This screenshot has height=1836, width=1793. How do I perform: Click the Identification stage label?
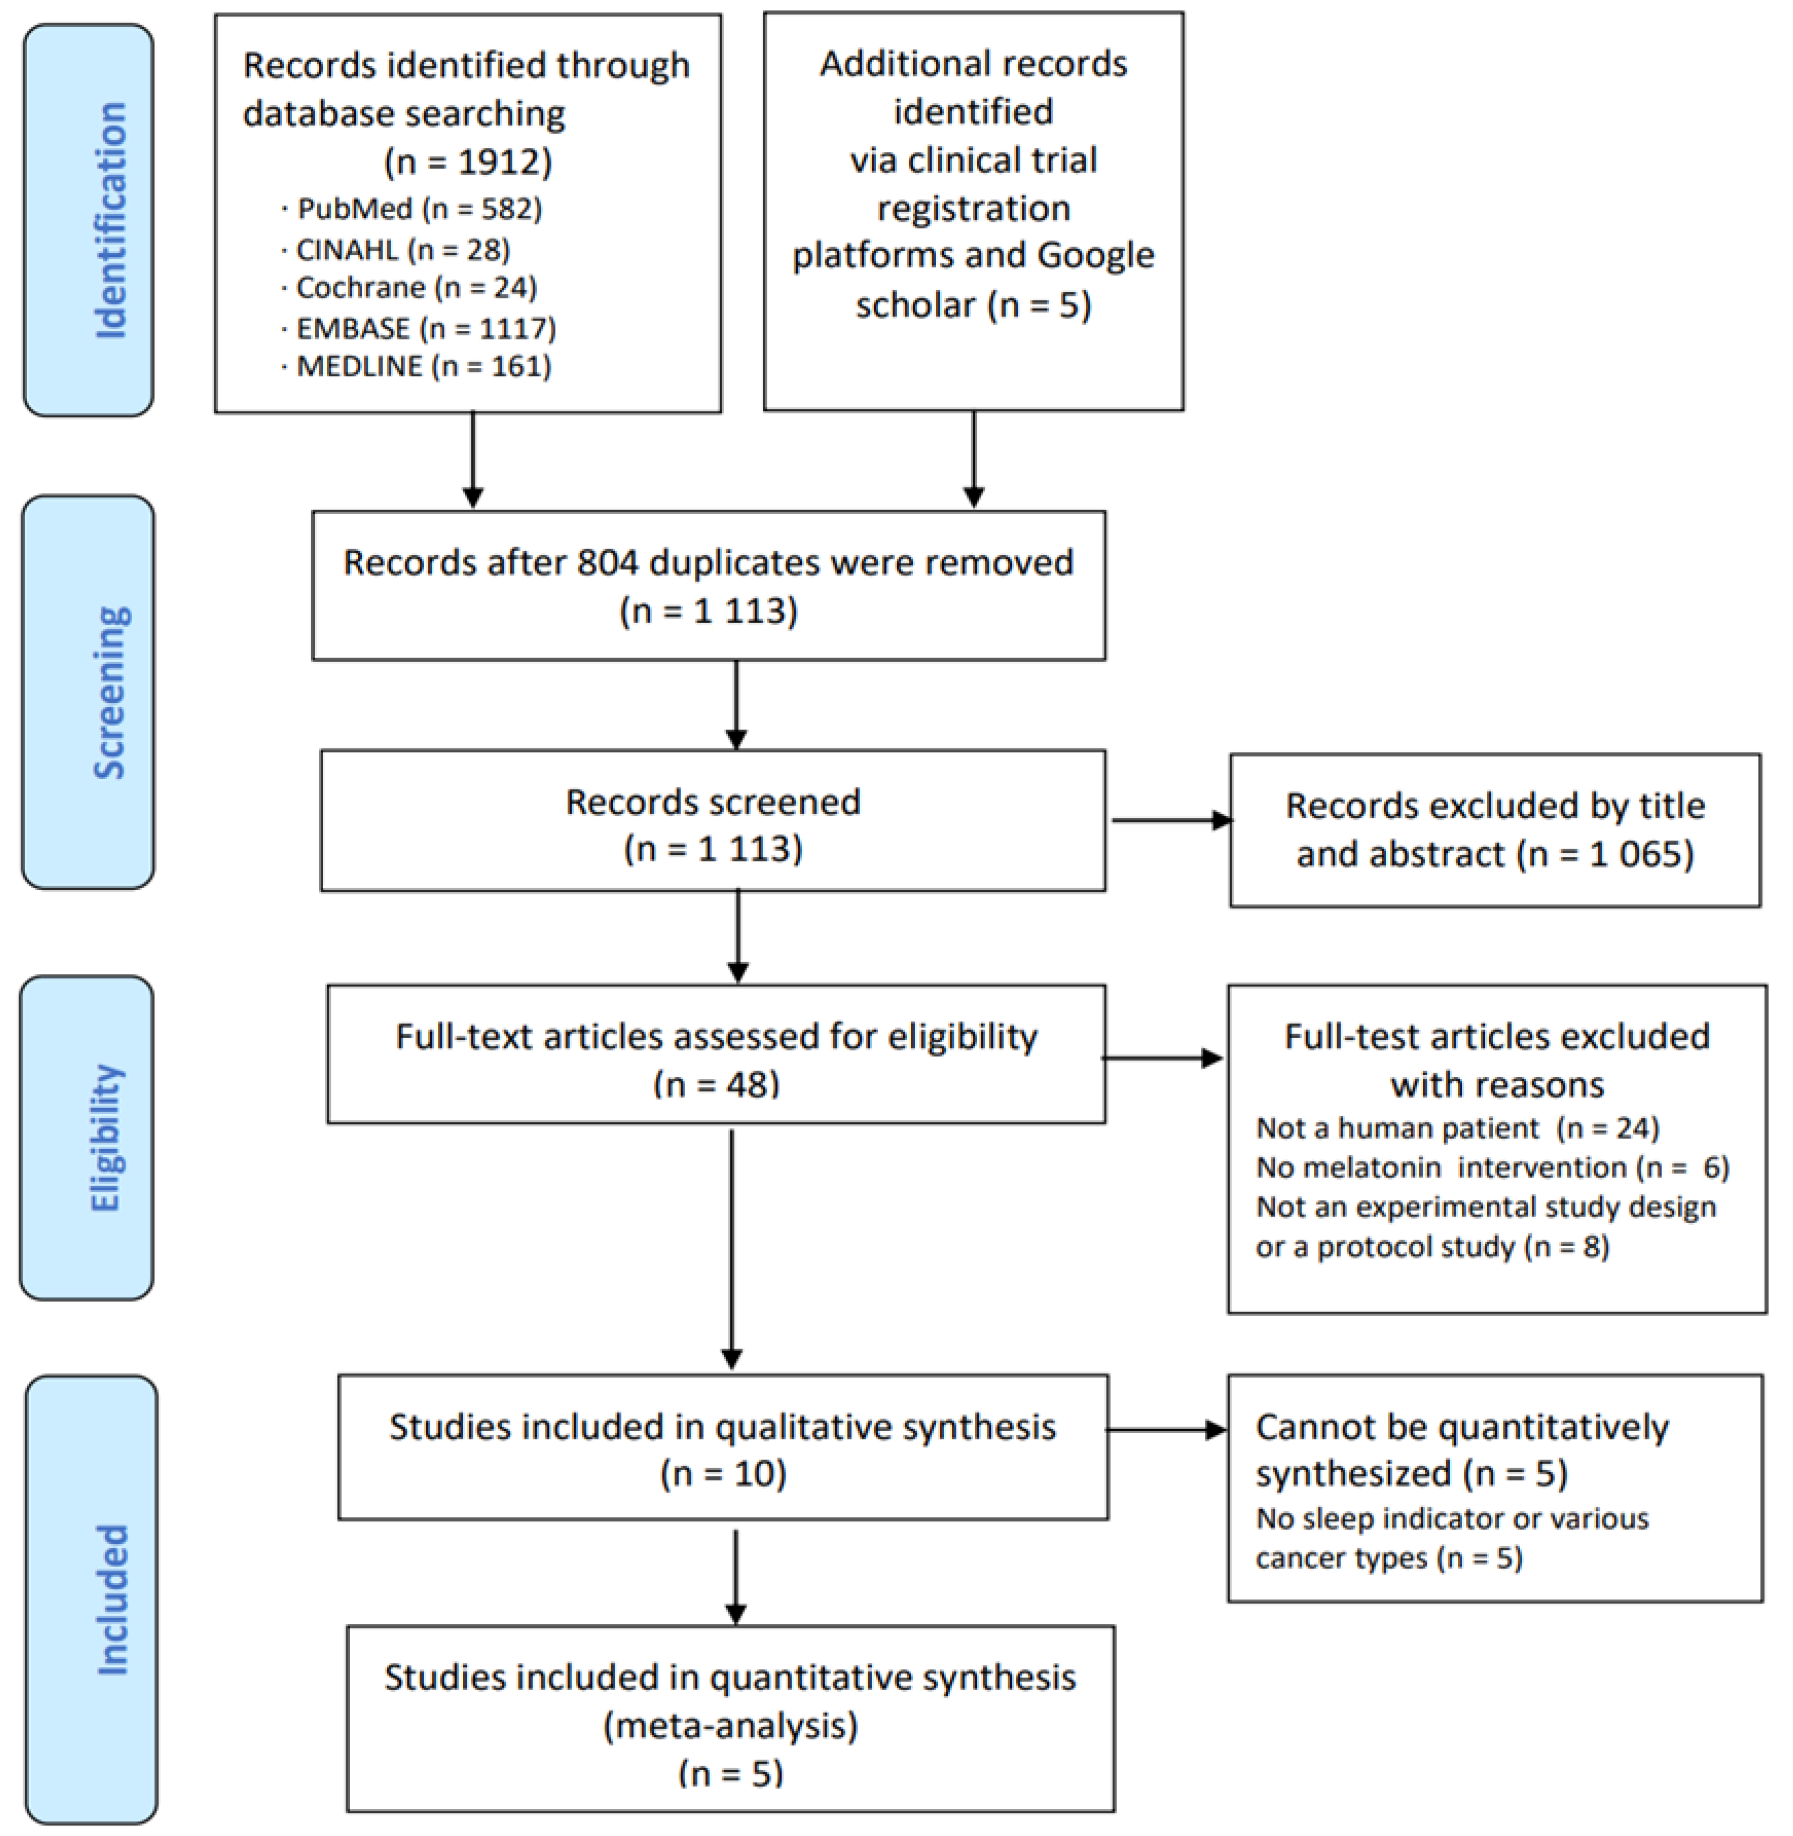[111, 220]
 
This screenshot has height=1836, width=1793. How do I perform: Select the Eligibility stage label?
[105, 1138]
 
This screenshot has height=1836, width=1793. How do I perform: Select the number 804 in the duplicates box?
[608, 563]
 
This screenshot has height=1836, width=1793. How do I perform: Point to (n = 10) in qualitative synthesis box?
[723, 1473]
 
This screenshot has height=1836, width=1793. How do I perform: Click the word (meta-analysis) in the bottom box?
[731, 1726]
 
